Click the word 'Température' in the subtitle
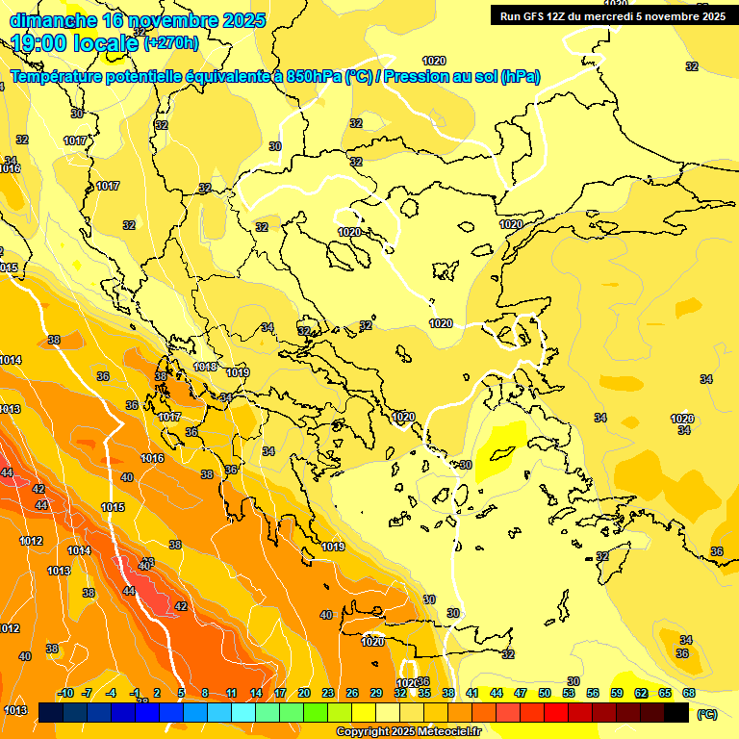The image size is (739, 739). tap(58, 77)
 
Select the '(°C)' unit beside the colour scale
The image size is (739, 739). tap(706, 714)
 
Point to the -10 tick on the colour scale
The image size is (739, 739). tap(65, 693)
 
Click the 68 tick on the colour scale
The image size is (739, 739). tap(689, 693)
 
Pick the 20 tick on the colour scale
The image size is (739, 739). tap(304, 693)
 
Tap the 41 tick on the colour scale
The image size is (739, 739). tap(472, 693)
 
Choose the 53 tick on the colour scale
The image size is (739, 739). tap(569, 693)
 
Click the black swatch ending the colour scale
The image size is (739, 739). tap(677, 713)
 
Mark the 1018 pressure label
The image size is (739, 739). tap(206, 367)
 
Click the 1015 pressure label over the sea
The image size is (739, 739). tap(113, 507)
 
